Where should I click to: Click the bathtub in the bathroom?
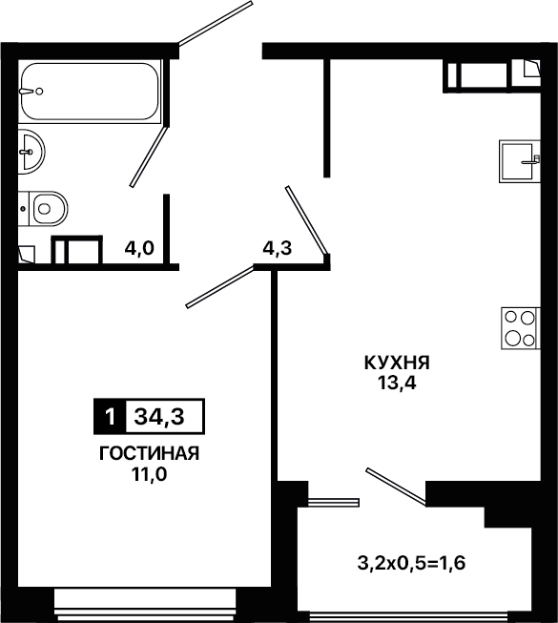click(x=91, y=92)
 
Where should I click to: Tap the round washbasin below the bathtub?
click(x=31, y=152)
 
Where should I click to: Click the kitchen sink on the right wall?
click(x=520, y=161)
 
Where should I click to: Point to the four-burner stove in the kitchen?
click(x=521, y=328)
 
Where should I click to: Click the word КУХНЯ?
click(x=397, y=363)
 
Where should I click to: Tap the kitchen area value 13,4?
click(x=397, y=383)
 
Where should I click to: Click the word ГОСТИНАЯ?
click(x=149, y=453)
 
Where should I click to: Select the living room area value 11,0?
click(x=149, y=473)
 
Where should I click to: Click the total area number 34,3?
click(x=159, y=417)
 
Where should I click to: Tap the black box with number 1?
click(x=110, y=416)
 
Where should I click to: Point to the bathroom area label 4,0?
click(x=139, y=249)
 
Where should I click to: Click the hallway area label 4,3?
click(x=278, y=248)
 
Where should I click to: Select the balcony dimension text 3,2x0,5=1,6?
click(x=411, y=564)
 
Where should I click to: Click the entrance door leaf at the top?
click(x=216, y=23)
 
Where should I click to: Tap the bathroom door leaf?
click(x=150, y=156)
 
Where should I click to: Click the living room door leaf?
click(x=220, y=287)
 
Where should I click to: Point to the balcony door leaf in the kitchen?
click(x=397, y=488)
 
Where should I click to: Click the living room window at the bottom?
click(x=145, y=605)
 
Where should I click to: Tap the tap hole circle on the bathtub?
click(x=39, y=92)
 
